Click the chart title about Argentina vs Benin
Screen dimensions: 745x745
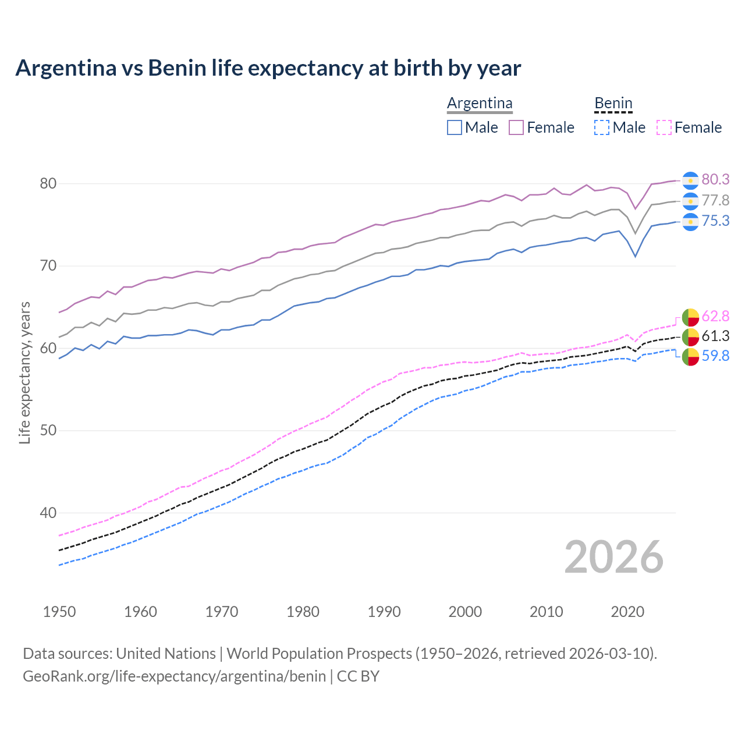(x=268, y=68)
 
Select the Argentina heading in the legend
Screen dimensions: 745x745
(x=480, y=103)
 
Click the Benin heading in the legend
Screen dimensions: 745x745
(x=613, y=103)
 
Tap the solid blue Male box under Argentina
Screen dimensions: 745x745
(x=455, y=127)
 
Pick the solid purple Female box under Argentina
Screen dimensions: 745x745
(x=516, y=127)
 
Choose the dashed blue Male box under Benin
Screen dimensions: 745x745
(x=602, y=127)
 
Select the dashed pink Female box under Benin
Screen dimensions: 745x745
(x=664, y=127)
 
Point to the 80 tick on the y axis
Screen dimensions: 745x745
(x=48, y=183)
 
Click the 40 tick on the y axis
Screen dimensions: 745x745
(x=48, y=513)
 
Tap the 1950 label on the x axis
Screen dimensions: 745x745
(x=59, y=612)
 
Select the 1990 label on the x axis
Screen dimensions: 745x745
(x=384, y=612)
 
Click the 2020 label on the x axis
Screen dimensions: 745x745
(x=627, y=612)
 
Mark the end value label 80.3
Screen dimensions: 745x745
(x=715, y=180)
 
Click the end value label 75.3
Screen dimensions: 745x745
(x=715, y=221)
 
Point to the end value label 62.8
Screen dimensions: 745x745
(x=715, y=316)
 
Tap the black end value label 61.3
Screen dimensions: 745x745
(x=715, y=336)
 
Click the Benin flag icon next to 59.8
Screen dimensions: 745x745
(x=690, y=356)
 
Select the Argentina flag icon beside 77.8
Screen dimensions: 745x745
(x=690, y=201)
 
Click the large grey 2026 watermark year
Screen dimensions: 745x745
(x=613, y=557)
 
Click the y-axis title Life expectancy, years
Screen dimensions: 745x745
(x=24, y=372)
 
